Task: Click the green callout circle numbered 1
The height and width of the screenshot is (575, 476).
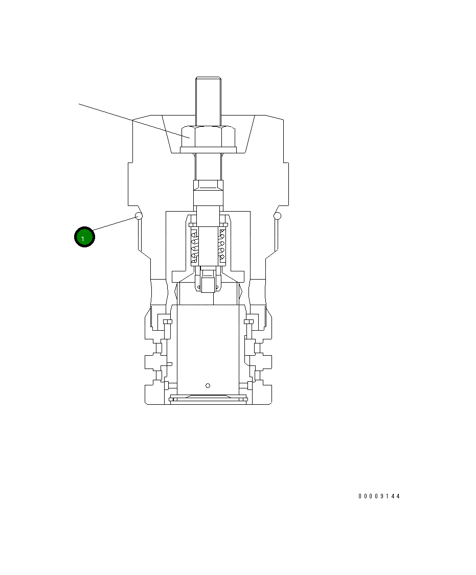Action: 84,237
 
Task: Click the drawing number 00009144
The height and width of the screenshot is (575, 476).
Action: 379,496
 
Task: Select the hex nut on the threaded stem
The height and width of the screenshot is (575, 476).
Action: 209,136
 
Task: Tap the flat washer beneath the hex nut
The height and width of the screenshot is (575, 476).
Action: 209,150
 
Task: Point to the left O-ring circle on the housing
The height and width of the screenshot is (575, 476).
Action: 138,216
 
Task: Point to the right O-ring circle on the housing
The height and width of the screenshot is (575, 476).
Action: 278,216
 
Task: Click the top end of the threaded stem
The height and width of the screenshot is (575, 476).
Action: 208,80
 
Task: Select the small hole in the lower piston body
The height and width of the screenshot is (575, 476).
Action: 208,385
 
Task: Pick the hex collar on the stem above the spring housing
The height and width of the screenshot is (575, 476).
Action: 208,192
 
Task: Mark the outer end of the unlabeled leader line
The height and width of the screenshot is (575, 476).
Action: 79,104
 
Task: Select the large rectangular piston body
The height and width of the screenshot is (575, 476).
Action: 208,348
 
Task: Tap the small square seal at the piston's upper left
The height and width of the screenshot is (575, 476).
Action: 167,321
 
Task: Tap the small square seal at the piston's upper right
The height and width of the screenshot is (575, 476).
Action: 249,321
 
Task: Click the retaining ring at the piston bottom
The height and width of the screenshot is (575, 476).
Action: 208,399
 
